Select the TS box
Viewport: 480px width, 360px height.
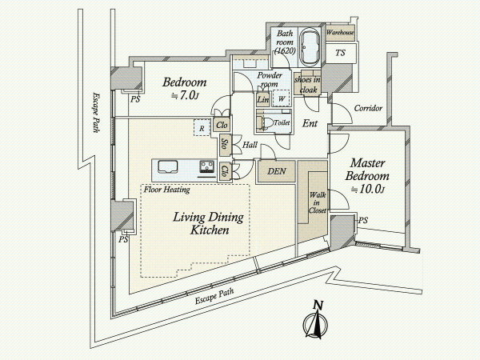340,54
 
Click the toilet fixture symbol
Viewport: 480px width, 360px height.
262,122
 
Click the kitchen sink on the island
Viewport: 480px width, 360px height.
170,167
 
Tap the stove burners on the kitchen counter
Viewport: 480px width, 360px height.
205,168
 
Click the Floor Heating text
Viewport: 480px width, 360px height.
166,191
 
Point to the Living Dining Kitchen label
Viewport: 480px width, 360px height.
199,223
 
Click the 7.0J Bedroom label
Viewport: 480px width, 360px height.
185,88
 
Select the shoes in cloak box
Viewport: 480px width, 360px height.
307,85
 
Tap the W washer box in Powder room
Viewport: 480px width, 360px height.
282,99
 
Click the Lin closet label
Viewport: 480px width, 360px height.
263,99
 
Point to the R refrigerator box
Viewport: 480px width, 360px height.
202,126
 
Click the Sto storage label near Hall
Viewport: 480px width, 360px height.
226,146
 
